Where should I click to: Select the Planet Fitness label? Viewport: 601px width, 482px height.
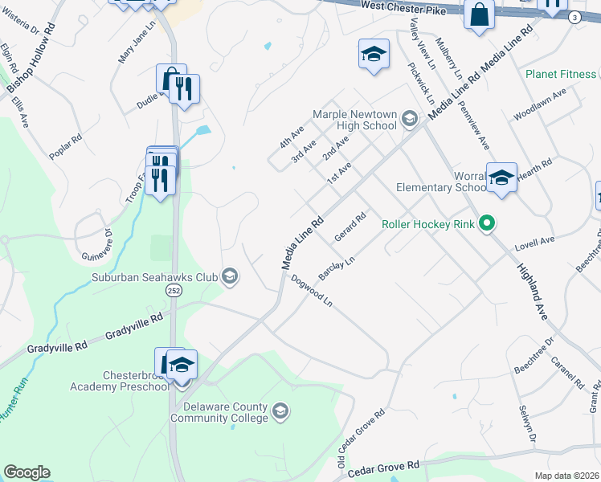tap(561, 75)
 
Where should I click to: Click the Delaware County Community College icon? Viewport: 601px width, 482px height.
tap(280, 411)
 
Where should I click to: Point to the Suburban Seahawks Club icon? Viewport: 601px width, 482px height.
tap(231, 277)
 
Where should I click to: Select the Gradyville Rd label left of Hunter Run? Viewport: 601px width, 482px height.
tap(56, 348)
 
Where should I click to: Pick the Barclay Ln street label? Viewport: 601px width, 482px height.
tap(336, 268)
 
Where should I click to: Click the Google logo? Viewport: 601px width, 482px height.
tap(27, 472)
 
